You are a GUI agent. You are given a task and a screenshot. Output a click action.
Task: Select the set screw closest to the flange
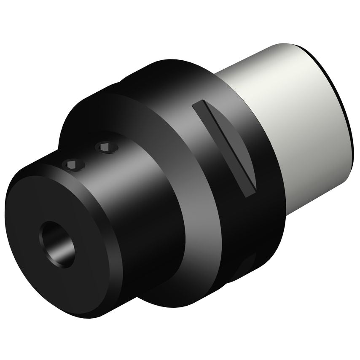(106, 147)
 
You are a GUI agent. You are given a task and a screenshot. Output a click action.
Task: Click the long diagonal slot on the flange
(224, 148)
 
